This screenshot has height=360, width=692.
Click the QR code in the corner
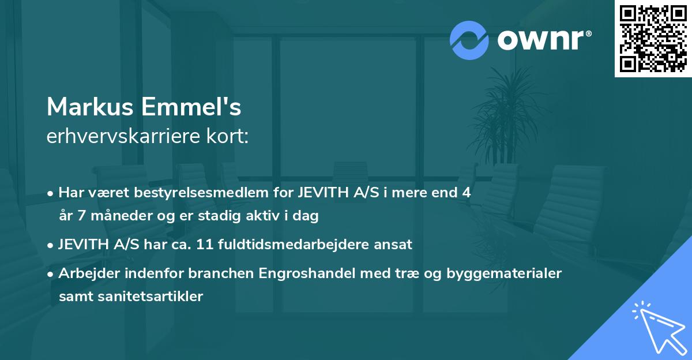click(653, 39)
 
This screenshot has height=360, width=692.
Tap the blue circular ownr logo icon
click(469, 40)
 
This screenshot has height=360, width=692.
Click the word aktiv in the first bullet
click(264, 216)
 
